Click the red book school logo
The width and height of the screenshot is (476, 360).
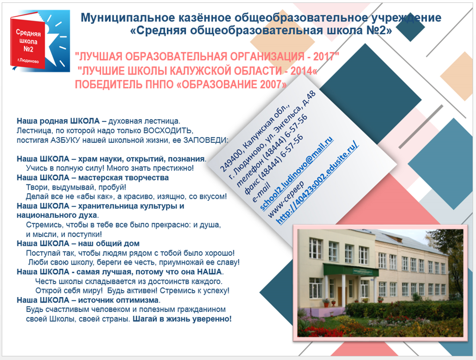pyautogui.click(x=40, y=41)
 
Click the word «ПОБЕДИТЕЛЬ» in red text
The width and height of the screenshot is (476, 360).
pyautogui.click(x=108, y=84)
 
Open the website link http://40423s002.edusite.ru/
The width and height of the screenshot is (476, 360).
pyautogui.click(x=317, y=183)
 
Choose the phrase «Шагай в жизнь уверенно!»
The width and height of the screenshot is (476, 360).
pyautogui.click(x=182, y=319)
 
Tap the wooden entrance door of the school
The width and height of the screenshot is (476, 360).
pyautogui.click(x=340, y=294)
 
